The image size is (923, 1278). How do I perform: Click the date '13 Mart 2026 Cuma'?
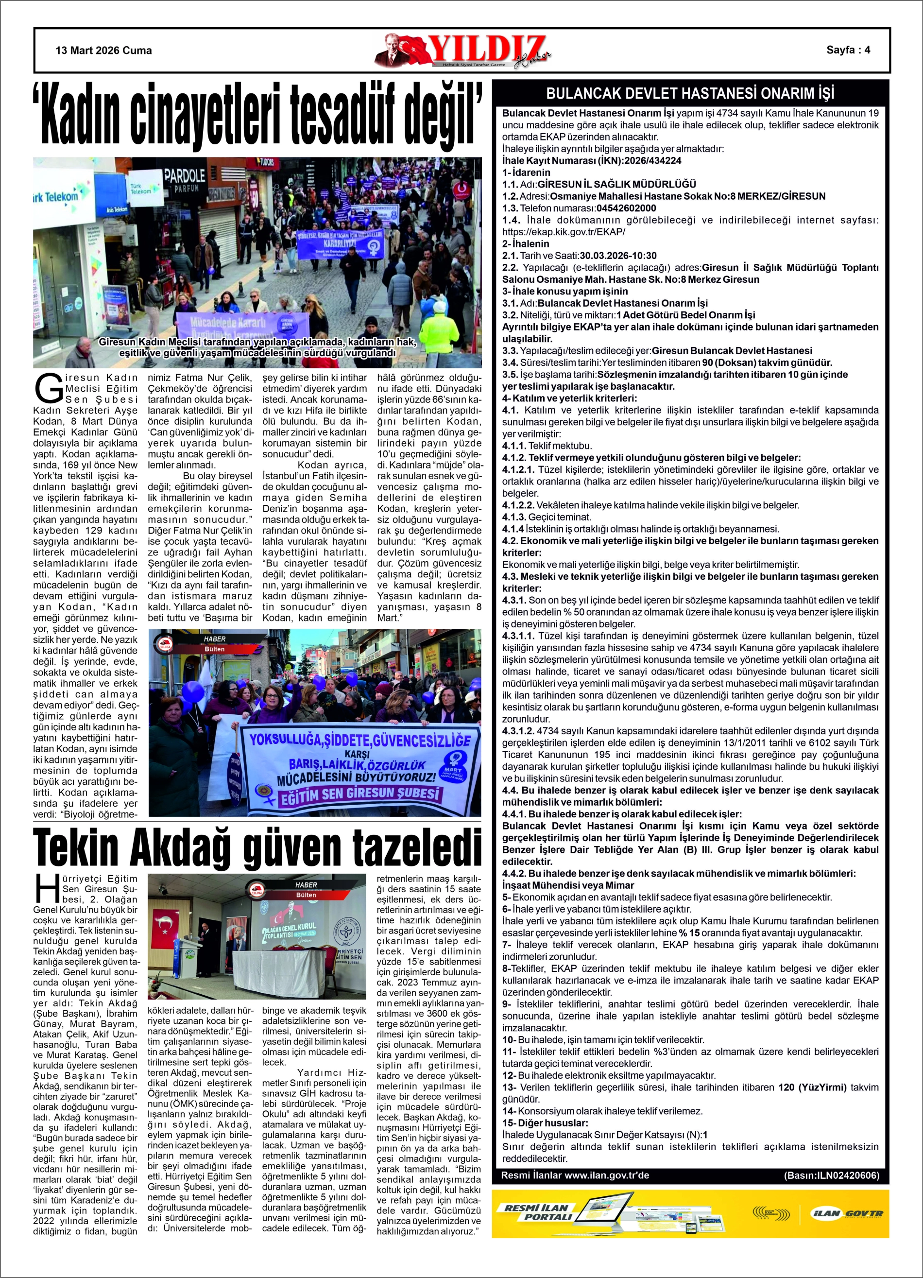(103, 51)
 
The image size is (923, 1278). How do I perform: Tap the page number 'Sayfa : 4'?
(848, 50)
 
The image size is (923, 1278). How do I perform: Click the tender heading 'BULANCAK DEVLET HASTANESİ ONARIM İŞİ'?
(690, 93)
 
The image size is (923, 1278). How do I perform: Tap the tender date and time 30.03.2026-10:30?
(618, 256)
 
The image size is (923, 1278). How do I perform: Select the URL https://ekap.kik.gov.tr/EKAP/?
(564, 232)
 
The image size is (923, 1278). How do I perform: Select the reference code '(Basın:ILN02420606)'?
(831, 1175)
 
